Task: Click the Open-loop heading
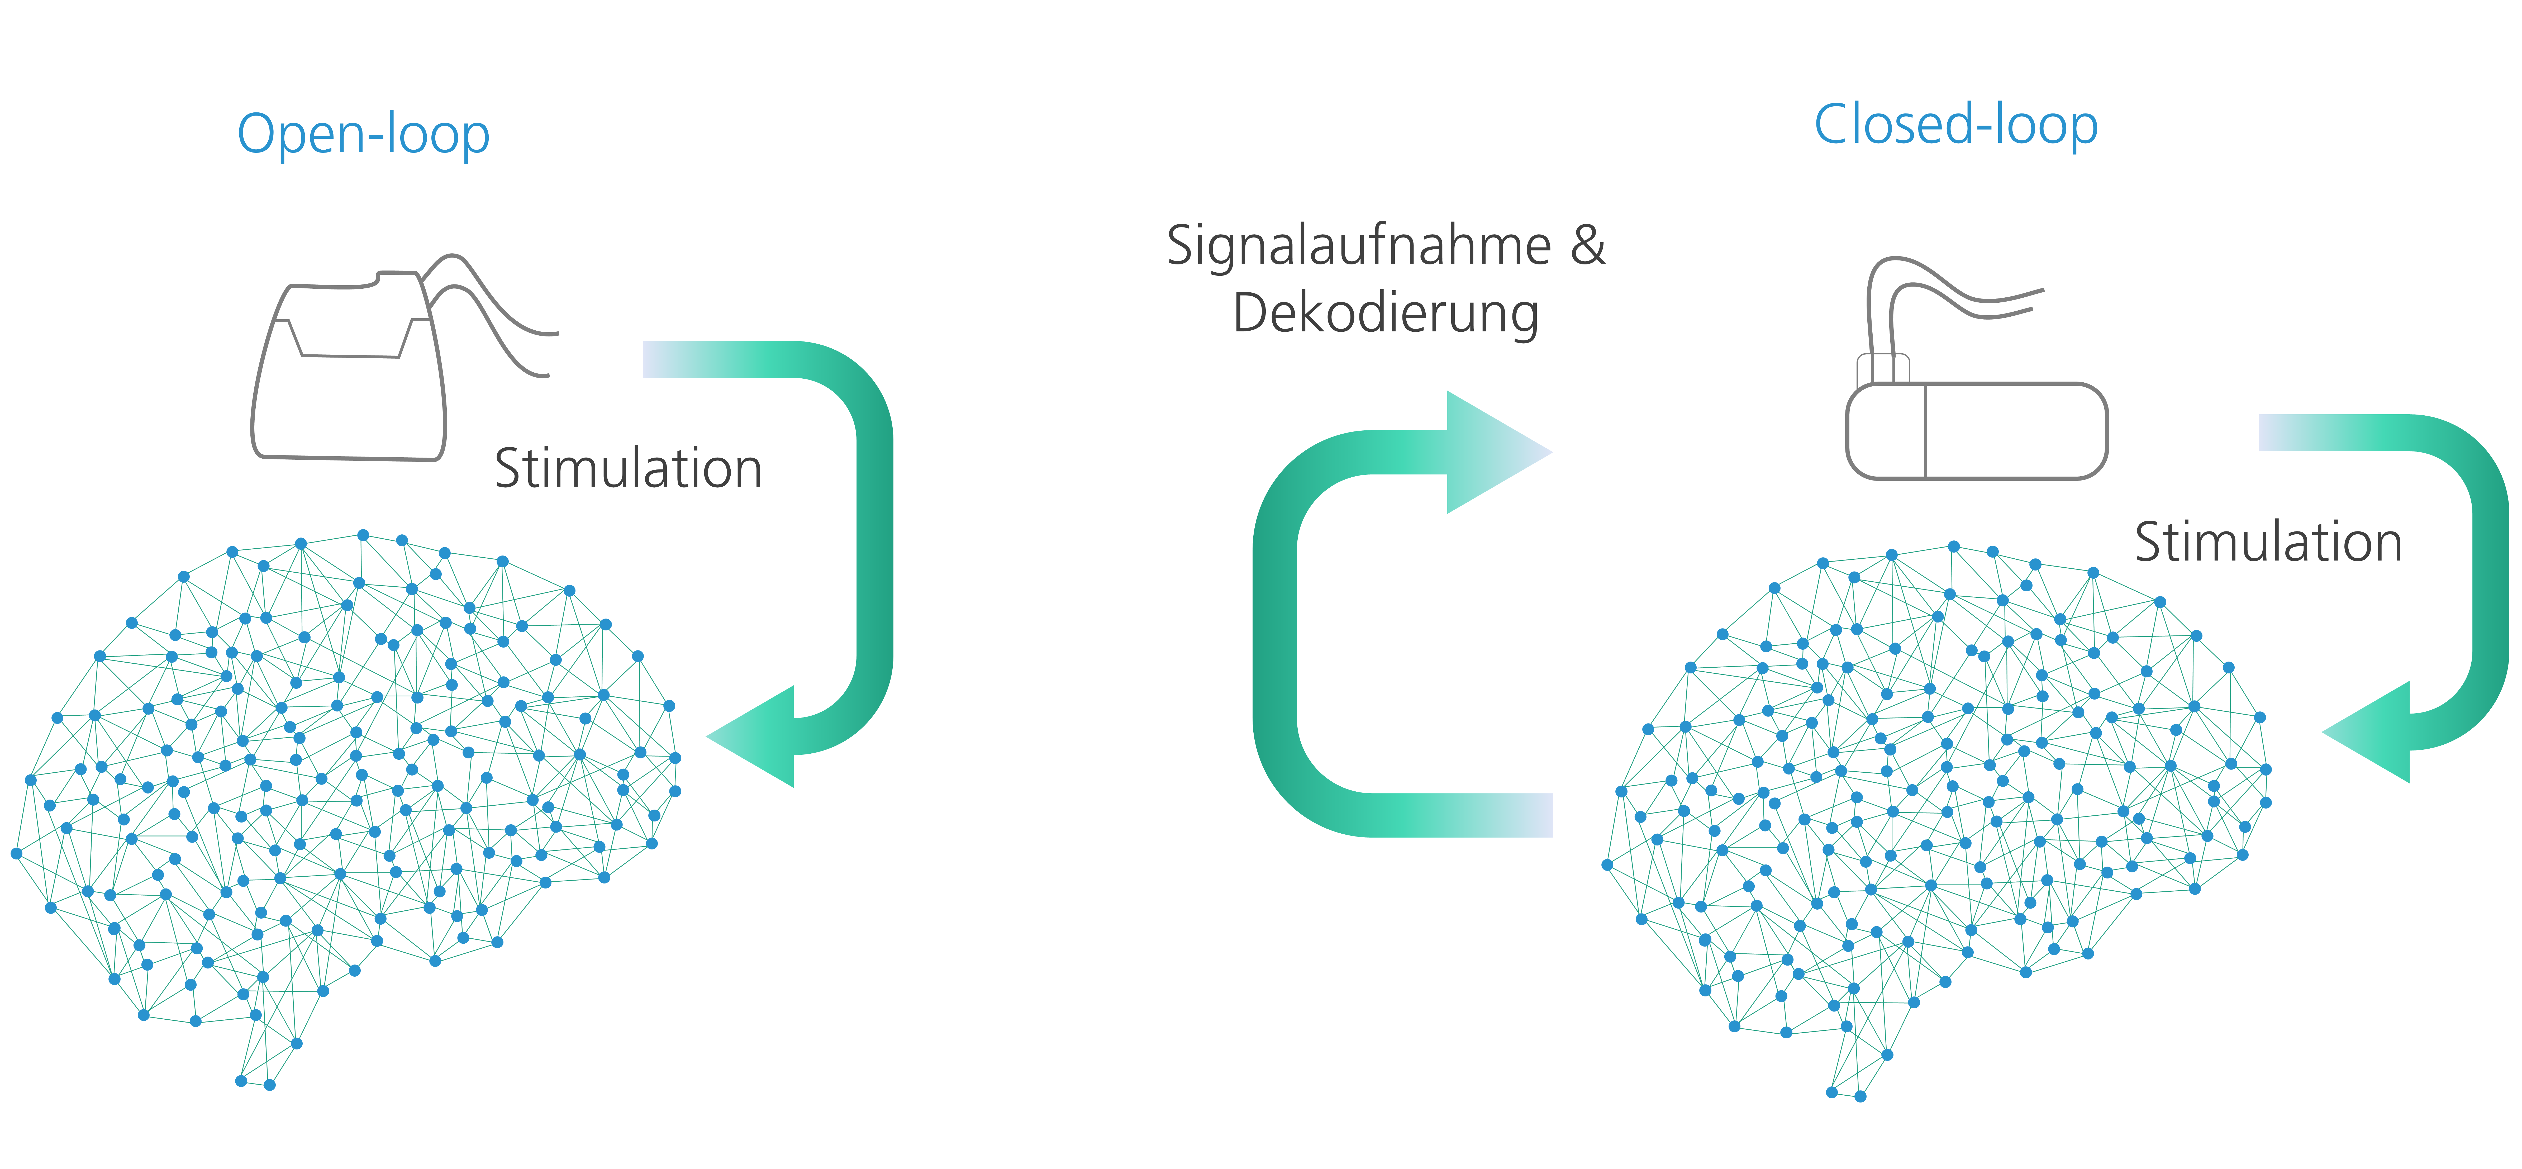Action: coord(363,135)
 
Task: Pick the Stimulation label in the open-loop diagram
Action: coord(627,468)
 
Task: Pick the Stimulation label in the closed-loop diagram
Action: coord(2268,542)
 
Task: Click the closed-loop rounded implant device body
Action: coord(1976,431)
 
